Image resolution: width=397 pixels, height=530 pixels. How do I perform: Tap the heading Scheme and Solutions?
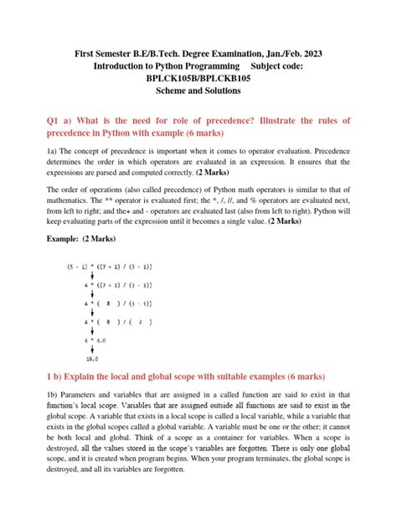point(198,91)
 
